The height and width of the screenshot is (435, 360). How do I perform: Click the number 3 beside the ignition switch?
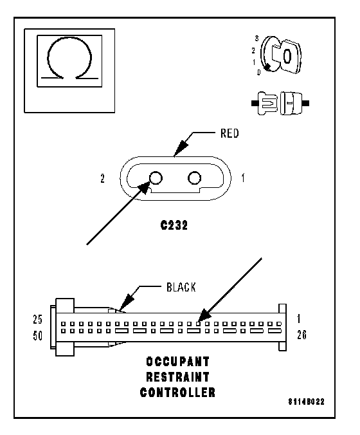pyautogui.click(x=257, y=39)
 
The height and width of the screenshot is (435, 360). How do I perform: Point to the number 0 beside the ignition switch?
pyautogui.click(x=258, y=73)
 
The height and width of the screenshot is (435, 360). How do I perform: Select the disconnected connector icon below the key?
pyautogui.click(x=280, y=103)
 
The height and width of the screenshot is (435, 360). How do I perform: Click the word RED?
pyautogui.click(x=230, y=133)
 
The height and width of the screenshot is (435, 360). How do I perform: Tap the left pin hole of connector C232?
pyautogui.click(x=156, y=178)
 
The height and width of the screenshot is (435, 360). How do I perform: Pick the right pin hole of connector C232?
pyautogui.click(x=194, y=178)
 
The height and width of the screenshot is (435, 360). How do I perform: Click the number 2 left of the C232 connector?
pyautogui.click(x=103, y=178)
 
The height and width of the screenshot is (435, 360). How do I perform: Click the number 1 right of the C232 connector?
pyautogui.click(x=243, y=178)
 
